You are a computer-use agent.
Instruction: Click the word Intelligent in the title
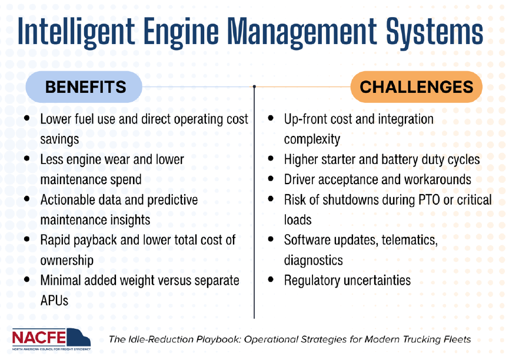coord(76,32)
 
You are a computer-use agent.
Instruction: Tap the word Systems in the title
coord(434,32)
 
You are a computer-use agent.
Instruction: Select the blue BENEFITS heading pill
coord(84,87)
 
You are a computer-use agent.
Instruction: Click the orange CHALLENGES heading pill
coord(417,87)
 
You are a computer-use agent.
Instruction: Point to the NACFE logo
coord(51,339)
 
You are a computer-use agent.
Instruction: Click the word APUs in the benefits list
coord(54,301)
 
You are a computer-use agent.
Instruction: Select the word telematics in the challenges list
coord(410,240)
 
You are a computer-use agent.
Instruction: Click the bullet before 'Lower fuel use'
coord(27,118)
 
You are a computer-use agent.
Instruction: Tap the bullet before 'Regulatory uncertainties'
coord(271,279)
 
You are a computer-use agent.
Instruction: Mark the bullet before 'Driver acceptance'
coord(271,179)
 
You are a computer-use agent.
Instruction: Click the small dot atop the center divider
coord(254,86)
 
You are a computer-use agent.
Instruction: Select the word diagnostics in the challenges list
coord(313,261)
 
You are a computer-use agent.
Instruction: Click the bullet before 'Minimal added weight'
coord(27,279)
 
